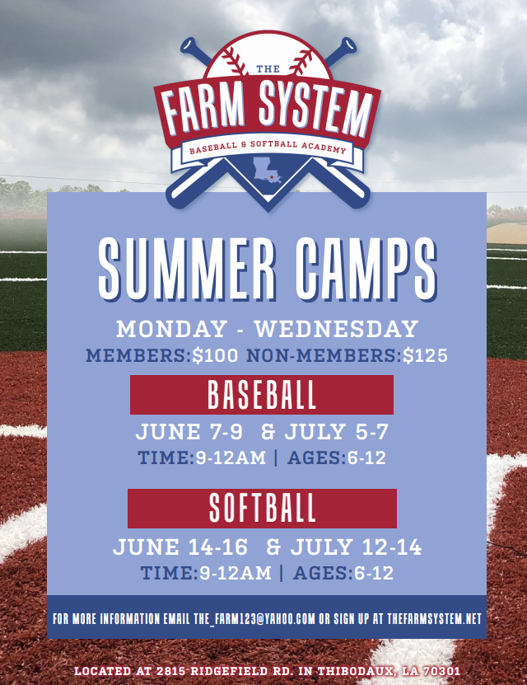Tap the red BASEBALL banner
[262, 396]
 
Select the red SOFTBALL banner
[262, 509]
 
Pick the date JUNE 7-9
[189, 432]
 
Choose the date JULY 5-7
[337, 432]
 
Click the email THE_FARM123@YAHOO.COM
[254, 618]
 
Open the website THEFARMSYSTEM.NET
[433, 618]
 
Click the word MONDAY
[170, 329]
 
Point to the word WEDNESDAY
[336, 329]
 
